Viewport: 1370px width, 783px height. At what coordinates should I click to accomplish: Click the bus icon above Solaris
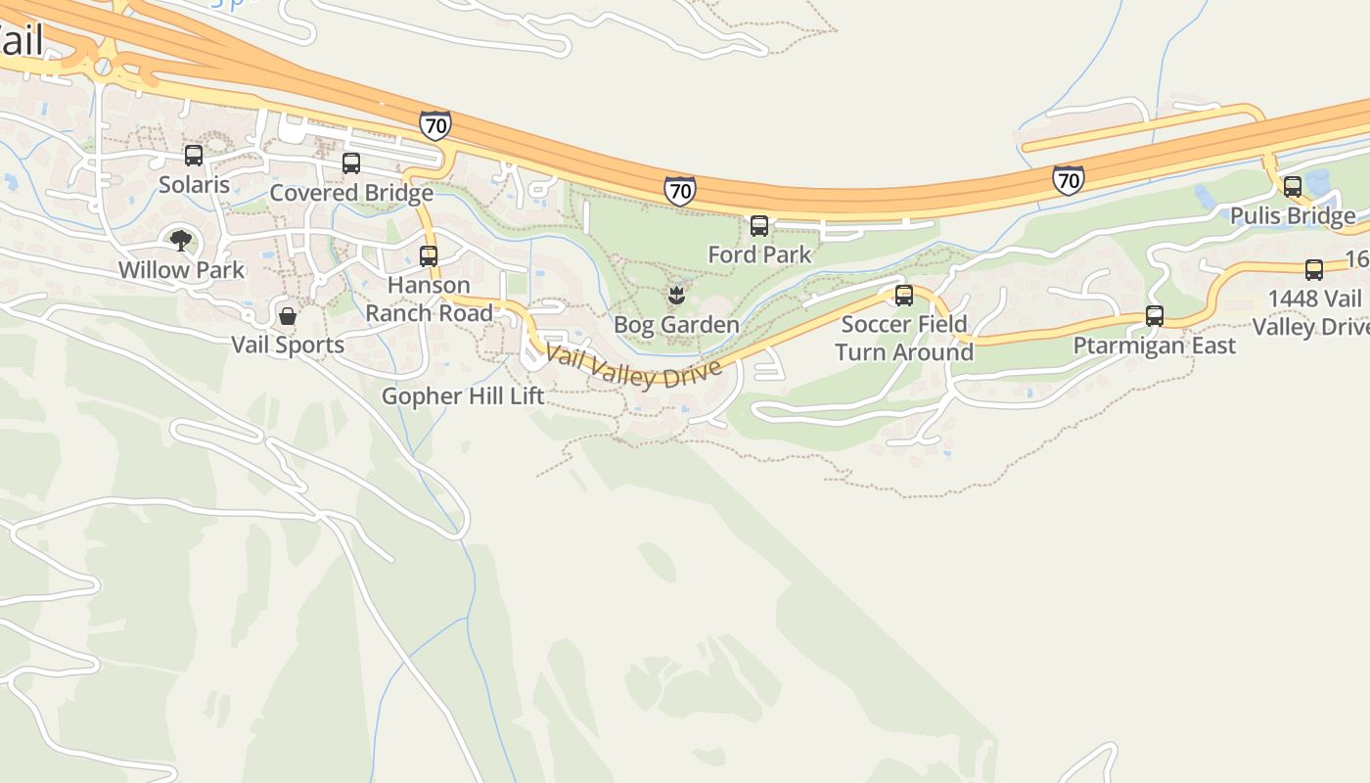pos(194,155)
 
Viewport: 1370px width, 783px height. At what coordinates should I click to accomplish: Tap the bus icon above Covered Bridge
pos(351,163)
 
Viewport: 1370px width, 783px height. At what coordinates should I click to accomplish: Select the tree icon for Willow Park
pos(181,241)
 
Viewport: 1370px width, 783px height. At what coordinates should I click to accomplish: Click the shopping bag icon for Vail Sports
pos(288,315)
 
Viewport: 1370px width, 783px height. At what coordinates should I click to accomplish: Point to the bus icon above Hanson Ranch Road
pos(429,256)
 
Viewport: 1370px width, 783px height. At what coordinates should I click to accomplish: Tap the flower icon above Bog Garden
pos(676,295)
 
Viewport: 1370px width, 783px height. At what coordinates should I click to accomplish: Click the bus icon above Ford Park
pos(759,226)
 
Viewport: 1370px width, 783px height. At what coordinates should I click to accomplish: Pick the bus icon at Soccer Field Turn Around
pos(904,295)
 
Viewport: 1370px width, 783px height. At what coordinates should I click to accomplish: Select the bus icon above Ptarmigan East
pos(1155,316)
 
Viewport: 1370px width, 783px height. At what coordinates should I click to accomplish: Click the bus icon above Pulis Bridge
pos(1293,187)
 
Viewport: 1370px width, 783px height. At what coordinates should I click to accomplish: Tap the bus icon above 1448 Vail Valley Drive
pos(1314,270)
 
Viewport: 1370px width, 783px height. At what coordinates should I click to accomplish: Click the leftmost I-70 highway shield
pos(435,125)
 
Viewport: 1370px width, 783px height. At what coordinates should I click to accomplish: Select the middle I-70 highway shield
pos(680,190)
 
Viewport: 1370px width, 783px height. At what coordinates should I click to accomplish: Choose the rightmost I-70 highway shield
pos(1069,179)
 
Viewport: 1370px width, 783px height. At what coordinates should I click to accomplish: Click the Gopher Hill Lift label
pos(463,395)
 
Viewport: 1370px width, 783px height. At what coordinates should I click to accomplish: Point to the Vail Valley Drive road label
pos(634,367)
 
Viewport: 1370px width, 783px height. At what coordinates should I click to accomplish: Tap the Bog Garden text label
pos(676,324)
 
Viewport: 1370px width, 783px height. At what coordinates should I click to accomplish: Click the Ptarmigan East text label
pos(1155,345)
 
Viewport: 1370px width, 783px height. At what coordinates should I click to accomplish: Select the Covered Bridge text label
pos(351,193)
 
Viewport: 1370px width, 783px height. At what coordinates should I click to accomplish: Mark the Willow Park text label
pos(181,269)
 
